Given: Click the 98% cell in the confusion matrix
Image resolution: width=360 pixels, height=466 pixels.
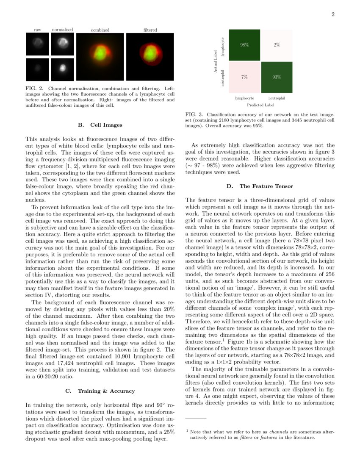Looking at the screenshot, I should tap(244, 45).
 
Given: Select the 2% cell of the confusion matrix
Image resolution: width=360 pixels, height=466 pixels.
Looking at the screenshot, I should tap(277, 45).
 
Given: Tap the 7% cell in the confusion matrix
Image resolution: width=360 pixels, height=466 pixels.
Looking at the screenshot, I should tap(244, 77).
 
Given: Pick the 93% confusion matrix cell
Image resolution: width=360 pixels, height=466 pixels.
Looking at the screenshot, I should tap(277, 77).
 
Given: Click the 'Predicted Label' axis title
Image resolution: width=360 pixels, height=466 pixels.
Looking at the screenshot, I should tap(260, 105).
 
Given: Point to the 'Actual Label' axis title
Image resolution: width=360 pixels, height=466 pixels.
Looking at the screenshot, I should tap(216, 61).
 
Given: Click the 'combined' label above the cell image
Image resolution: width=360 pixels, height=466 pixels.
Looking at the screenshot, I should tap(100, 30).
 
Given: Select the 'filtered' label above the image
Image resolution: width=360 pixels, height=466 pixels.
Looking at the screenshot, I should tap(150, 30).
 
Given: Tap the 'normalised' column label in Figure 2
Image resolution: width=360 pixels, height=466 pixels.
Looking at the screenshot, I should tap(62, 30).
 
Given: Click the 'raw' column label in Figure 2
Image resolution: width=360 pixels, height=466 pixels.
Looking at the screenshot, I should tap(38, 30).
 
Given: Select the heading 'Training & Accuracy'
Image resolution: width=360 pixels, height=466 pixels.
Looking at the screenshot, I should tap(112, 391).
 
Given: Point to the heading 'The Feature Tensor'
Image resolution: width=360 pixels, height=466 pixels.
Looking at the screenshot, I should tap(266, 186).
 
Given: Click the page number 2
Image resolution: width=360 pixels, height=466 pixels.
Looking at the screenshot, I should tap(333, 15).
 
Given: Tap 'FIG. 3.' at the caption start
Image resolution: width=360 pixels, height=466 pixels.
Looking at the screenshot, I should tap(194, 114).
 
